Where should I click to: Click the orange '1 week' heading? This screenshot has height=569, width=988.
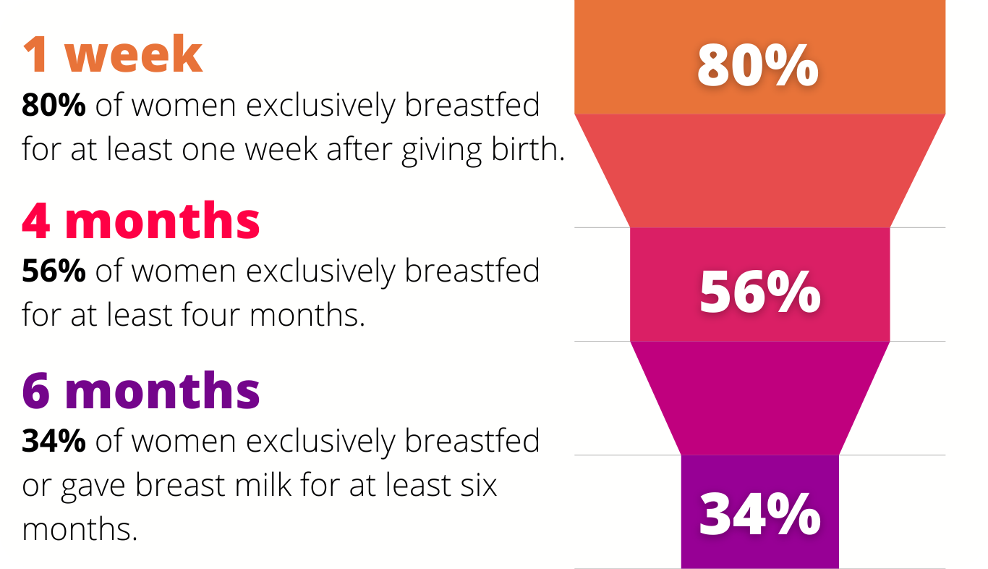coord(113,54)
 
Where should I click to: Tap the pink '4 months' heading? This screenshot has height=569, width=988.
coord(141,220)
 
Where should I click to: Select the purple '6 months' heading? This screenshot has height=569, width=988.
coord(141,390)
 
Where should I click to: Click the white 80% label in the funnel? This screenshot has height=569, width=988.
coord(758,65)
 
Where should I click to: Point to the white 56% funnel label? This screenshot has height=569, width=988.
coord(760,292)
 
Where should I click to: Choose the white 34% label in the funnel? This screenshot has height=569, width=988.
coord(760,515)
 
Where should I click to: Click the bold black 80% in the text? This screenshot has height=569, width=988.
coord(54,105)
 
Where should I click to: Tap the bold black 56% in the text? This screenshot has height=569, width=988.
coord(54,271)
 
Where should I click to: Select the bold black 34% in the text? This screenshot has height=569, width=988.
coord(54,441)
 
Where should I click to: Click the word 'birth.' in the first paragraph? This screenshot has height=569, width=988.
coord(528,148)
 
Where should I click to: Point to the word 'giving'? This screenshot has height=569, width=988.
coord(441,151)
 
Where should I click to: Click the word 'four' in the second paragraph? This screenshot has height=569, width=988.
coord(210,314)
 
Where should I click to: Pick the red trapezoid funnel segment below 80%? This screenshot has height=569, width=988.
coord(759,171)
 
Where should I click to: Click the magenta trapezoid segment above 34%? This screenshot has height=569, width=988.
coord(759,397)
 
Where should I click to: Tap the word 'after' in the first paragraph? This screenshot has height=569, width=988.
coord(359,148)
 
